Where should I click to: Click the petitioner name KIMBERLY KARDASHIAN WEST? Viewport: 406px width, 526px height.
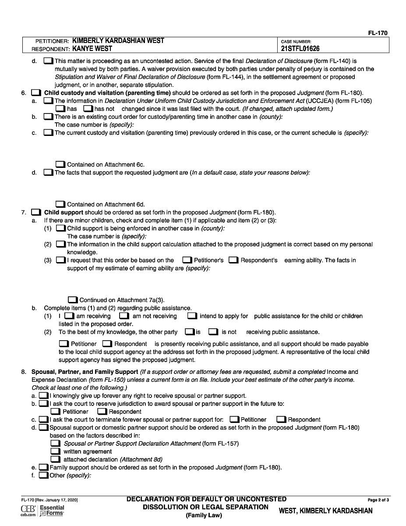(118, 41)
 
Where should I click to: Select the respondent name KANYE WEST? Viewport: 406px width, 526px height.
(92, 49)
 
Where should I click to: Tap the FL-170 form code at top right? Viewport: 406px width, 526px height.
(378, 33)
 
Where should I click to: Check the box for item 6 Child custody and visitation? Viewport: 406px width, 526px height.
(36, 93)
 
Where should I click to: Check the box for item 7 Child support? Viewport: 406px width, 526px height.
(36, 213)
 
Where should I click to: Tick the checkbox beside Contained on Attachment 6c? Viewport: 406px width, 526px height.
(60, 165)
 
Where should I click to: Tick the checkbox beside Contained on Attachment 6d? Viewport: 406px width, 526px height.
(60, 204)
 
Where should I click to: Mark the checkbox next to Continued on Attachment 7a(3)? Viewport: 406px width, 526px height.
(73, 300)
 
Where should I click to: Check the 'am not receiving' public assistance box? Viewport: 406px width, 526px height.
(124, 316)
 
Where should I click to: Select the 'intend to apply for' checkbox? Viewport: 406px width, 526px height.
(191, 316)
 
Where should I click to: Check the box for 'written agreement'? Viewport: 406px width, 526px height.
(55, 451)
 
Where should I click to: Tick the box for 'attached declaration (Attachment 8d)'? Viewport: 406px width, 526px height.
(55, 459)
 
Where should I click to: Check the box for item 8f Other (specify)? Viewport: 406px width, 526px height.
(43, 476)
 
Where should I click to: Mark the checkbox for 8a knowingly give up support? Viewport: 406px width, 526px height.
(43, 396)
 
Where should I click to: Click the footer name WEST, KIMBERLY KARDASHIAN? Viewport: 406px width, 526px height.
(325, 511)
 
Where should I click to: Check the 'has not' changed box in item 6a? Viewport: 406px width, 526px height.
(88, 109)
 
